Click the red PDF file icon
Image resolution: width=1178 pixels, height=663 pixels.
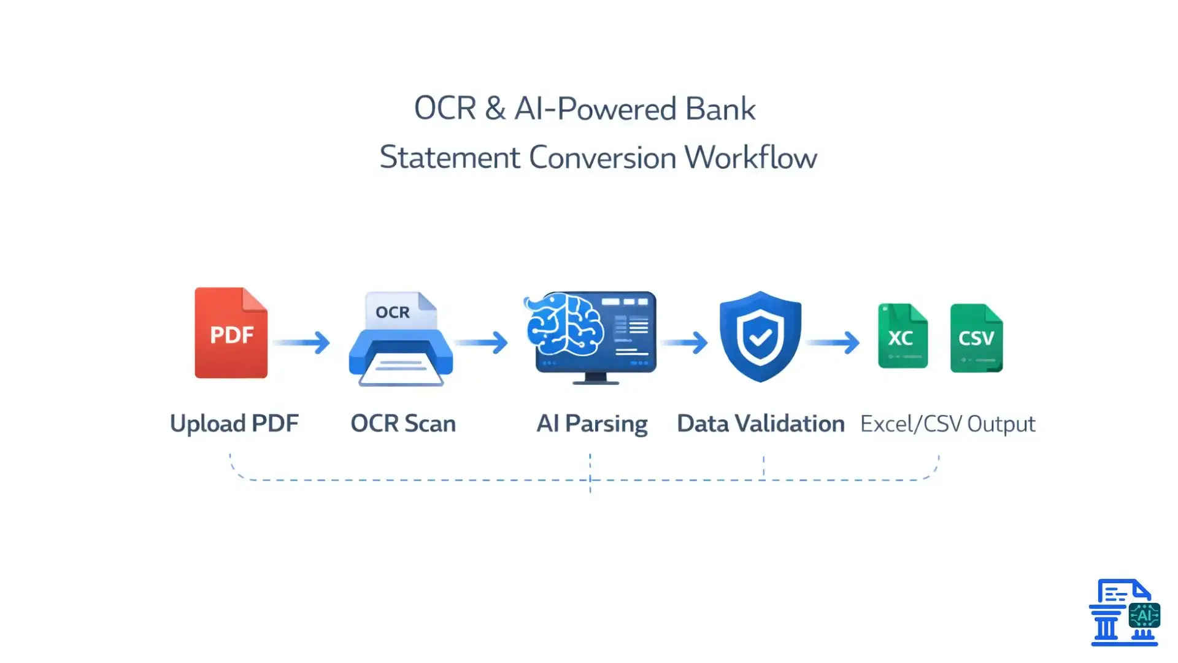[231, 333]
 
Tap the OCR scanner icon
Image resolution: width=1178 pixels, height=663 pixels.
[401, 340]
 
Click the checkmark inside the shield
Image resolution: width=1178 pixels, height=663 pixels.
[760, 337]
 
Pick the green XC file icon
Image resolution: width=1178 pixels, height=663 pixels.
[902, 336]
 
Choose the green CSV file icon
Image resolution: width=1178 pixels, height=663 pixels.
[976, 338]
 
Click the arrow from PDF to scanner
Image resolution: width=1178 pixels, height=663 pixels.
[302, 342]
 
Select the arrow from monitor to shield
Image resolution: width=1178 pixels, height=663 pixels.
[685, 342]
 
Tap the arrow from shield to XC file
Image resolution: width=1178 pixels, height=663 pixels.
[834, 342]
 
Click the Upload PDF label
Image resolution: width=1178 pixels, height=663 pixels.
[234, 424]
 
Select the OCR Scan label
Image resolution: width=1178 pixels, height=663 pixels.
[403, 424]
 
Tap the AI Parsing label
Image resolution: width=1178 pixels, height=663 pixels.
[592, 424]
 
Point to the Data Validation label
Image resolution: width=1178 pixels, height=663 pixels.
[760, 424]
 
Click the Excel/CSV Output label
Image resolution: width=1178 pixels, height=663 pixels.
[947, 424]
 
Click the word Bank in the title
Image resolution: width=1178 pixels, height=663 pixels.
[720, 109]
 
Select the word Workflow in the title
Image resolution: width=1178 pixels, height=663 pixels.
[750, 158]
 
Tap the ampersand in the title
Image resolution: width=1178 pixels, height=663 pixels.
[495, 109]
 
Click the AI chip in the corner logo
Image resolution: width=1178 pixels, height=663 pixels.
[1144, 615]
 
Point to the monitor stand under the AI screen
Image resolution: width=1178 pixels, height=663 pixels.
[595, 378]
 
